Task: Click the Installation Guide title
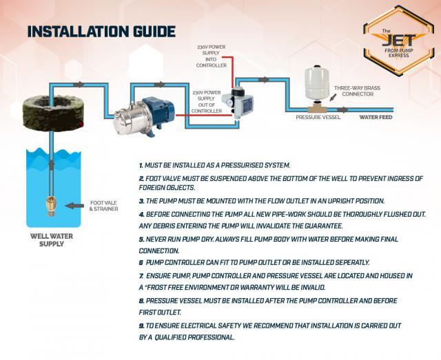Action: (101, 32)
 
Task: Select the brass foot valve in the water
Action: (50, 204)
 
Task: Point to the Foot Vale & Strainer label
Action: (103, 206)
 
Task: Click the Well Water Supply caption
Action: (52, 240)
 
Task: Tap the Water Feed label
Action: (376, 118)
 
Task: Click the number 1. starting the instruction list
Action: (141, 166)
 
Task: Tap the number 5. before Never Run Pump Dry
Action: (141, 239)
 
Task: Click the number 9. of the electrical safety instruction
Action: (141, 325)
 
